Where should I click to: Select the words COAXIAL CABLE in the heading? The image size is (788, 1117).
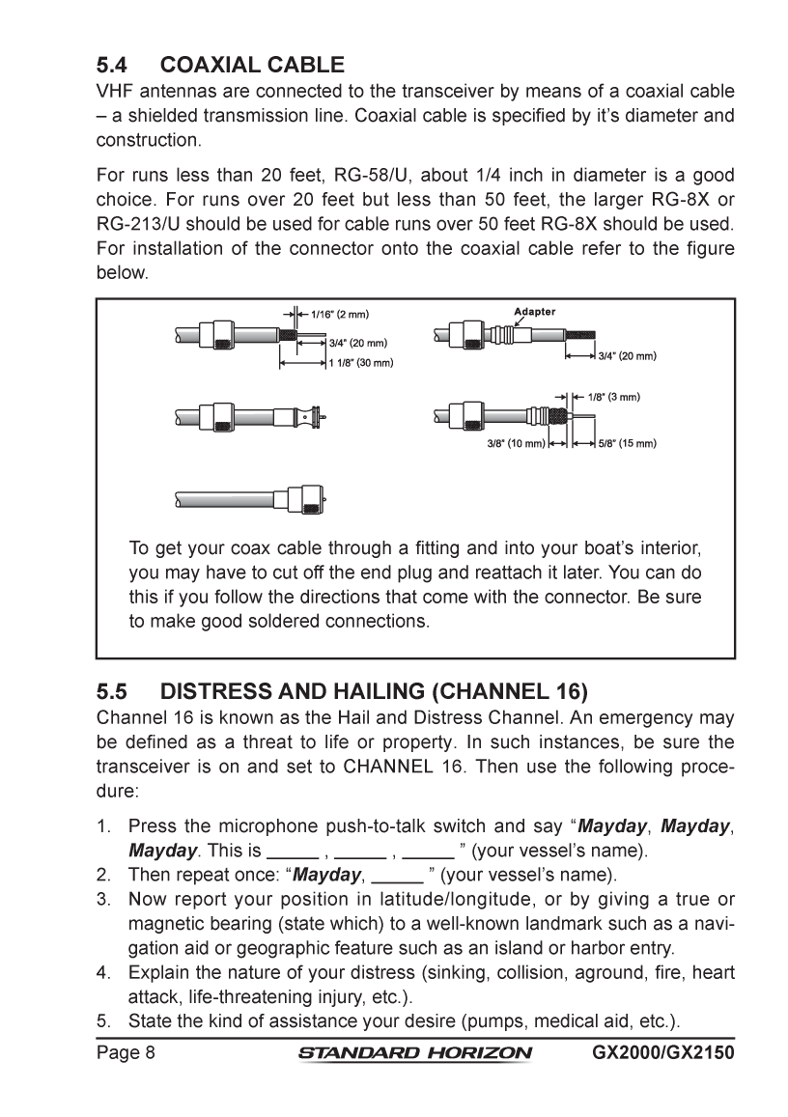click(252, 67)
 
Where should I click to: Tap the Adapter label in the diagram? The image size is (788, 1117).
click(534, 312)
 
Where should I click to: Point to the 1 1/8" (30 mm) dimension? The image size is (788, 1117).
click(358, 363)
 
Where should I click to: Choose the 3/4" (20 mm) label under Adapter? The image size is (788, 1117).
click(628, 355)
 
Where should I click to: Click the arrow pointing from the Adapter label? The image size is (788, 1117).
click(519, 323)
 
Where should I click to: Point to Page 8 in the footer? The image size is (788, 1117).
click(126, 1051)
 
